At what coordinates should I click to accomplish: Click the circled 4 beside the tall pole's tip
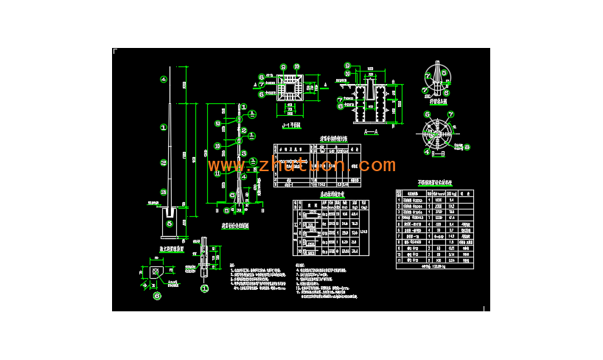(x=164, y=79)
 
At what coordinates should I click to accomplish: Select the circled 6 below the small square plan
(x=156, y=297)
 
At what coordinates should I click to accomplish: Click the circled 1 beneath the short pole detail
(x=205, y=288)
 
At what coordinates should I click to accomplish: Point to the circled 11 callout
(x=217, y=173)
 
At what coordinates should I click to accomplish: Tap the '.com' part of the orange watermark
(x=368, y=165)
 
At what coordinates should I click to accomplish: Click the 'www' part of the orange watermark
(x=226, y=166)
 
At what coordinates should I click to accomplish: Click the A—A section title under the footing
(x=372, y=131)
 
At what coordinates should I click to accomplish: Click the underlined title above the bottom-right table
(x=434, y=181)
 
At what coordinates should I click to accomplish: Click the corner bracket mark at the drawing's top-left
(x=114, y=51)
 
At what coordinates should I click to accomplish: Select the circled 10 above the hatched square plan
(x=296, y=67)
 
